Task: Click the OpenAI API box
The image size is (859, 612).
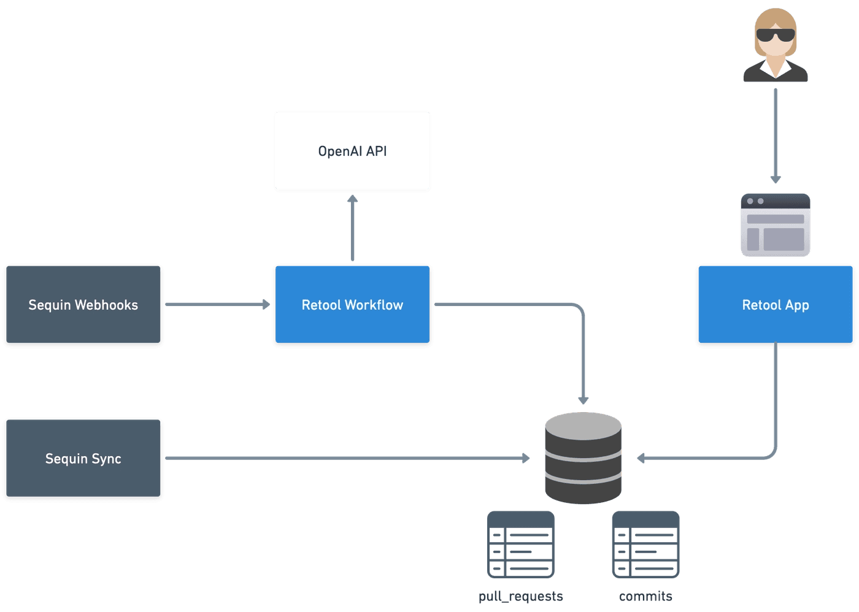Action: point(352,151)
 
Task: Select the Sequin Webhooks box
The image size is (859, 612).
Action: point(83,305)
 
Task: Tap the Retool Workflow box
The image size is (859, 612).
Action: point(352,305)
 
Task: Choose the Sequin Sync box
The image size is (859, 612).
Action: point(83,459)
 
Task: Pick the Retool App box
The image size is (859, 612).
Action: point(776,305)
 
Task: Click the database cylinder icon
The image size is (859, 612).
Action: point(583,458)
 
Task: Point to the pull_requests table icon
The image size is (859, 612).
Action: point(521,545)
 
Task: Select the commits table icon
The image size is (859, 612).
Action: point(645,545)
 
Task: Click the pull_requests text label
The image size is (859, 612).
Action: point(521,596)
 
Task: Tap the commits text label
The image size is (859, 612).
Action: point(645,596)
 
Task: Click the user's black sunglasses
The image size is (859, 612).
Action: point(776,35)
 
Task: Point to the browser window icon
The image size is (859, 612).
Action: point(776,225)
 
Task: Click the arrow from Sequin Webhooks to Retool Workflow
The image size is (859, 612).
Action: point(217,304)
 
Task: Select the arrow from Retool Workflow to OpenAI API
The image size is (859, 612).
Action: point(352,227)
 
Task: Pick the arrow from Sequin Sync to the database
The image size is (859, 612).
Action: point(347,458)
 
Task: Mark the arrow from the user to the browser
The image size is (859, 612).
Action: point(776,135)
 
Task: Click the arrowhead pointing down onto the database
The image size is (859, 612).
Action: point(583,400)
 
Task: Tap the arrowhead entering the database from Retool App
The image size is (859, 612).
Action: point(641,458)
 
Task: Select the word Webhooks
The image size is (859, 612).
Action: point(109,305)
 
